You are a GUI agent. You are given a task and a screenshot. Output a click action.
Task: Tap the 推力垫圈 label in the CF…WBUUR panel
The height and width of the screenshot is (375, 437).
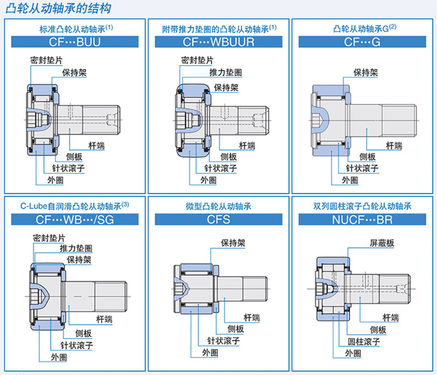pos(226,73)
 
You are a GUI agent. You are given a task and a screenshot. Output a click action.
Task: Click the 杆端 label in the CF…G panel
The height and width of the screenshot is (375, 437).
pos(394,145)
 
